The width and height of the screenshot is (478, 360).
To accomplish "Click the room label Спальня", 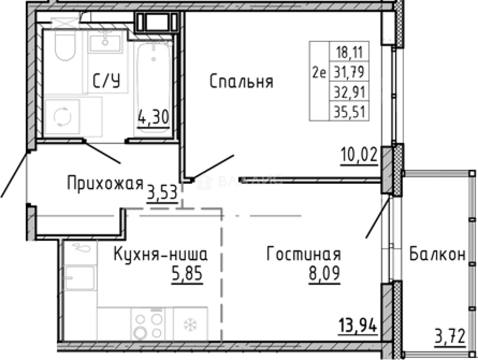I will pyautogui.click(x=241, y=82).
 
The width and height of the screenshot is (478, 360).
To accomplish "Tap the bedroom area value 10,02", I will pyautogui.click(x=359, y=156).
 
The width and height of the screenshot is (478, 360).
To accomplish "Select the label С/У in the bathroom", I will pyautogui.click(x=106, y=80).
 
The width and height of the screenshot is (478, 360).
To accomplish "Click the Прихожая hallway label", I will pyautogui.click(x=105, y=183).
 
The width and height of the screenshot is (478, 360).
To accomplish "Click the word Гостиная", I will pyautogui.click(x=303, y=254).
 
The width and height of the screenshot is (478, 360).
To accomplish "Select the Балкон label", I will pyautogui.click(x=438, y=254).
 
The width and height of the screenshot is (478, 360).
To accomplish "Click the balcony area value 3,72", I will pyautogui.click(x=450, y=337).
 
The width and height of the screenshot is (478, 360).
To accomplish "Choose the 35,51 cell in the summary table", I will pyautogui.click(x=349, y=112).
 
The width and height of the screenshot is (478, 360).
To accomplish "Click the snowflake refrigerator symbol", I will pyautogui.click(x=189, y=325).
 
